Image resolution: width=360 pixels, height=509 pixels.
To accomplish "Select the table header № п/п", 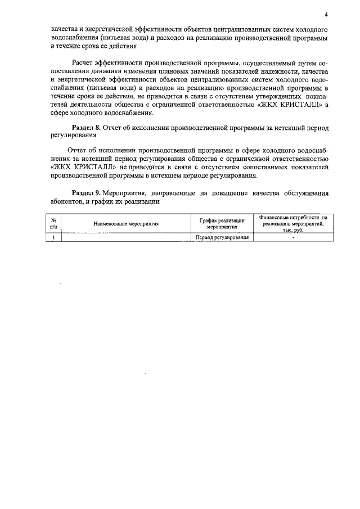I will tap(53, 223).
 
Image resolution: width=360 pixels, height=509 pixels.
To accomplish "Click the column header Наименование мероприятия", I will tap(126, 224).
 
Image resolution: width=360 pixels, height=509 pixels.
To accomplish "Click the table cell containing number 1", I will tap(53, 237).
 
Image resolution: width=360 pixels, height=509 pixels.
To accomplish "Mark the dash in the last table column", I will tap(293, 237).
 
